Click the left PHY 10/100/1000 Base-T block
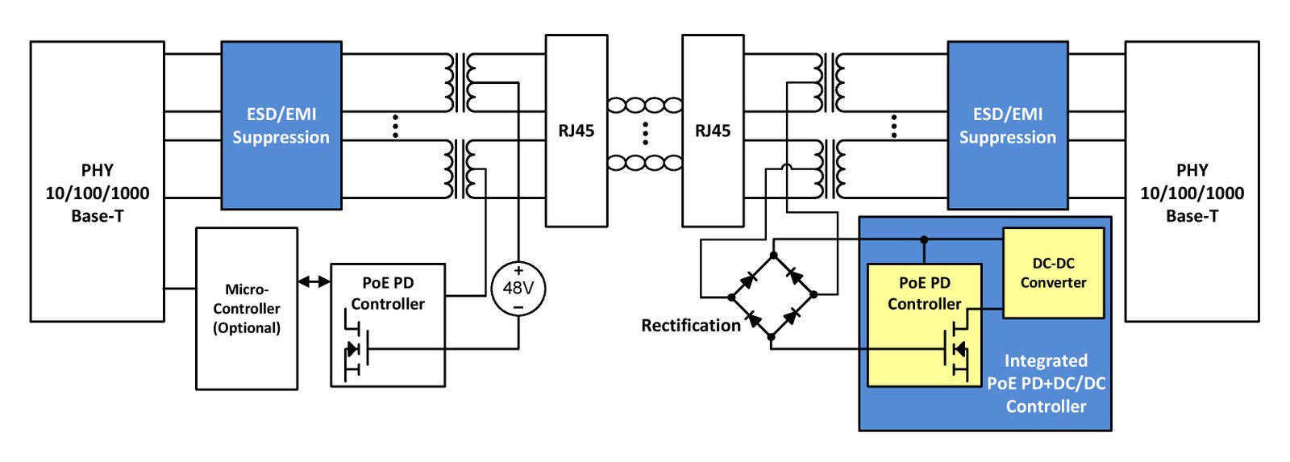tap(98, 181)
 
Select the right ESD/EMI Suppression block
tap(1008, 125)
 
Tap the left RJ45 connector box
tap(576, 131)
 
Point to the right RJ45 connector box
tap(713, 131)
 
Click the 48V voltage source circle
tap(518, 289)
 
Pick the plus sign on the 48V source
tap(518, 271)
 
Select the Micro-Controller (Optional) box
tap(247, 309)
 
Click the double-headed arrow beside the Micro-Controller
tap(314, 281)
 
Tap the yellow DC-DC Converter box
tap(1053, 273)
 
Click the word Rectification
tap(690, 326)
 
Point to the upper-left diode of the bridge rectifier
tap(749, 280)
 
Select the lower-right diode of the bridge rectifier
tap(793, 315)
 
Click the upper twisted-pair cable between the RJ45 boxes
tap(645, 106)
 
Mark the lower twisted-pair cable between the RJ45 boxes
tap(645, 163)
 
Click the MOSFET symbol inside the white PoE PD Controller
tap(356, 348)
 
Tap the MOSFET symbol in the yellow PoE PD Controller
tap(956, 348)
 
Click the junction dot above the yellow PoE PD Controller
tap(924, 239)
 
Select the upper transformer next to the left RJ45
tap(460, 82)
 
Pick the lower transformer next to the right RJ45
tap(830, 169)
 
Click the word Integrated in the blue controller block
tap(1046, 361)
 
